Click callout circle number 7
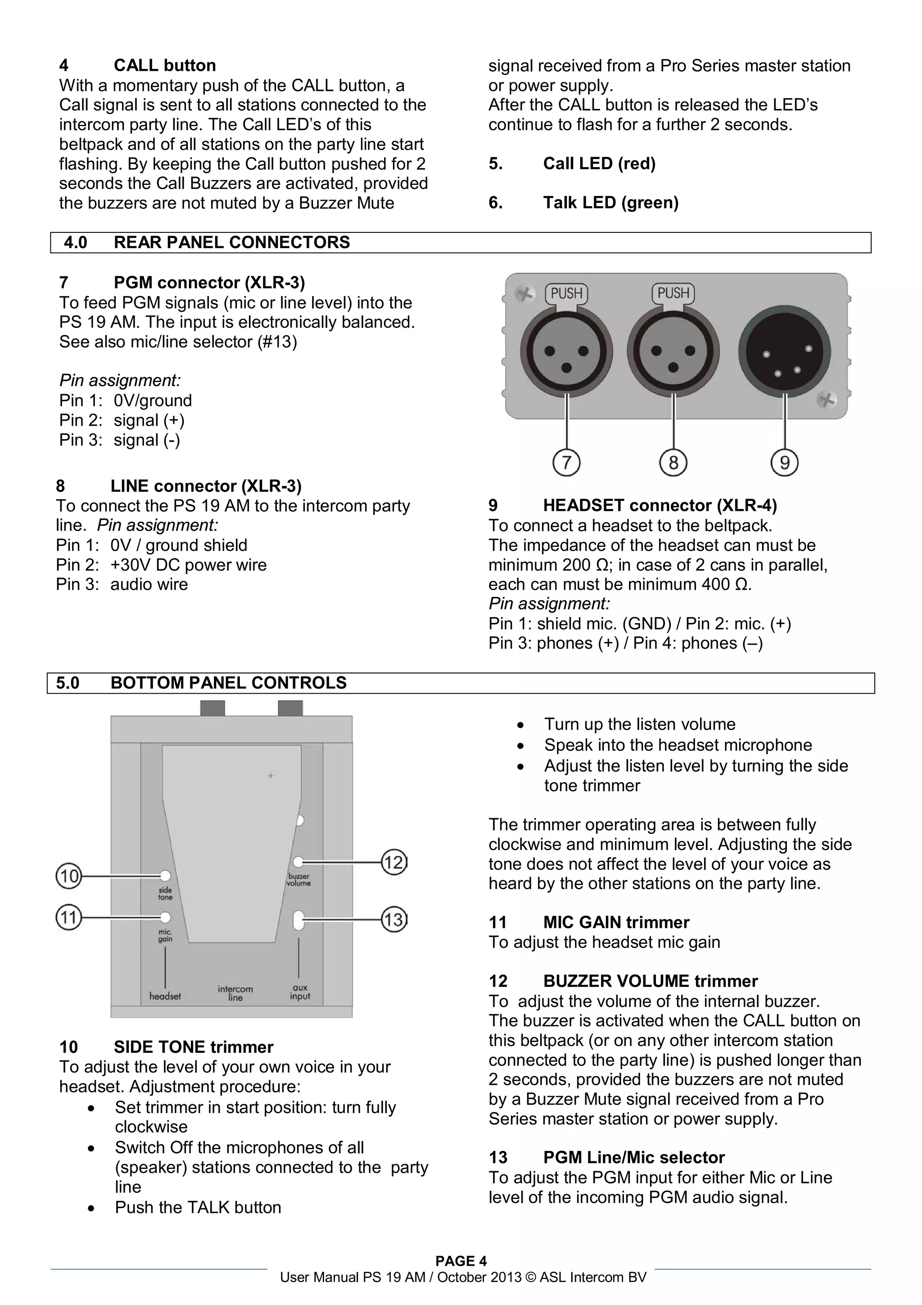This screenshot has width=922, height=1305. pyautogui.click(x=566, y=463)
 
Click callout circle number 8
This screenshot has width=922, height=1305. pyautogui.click(x=673, y=463)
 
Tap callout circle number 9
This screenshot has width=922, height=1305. pyautogui.click(x=785, y=463)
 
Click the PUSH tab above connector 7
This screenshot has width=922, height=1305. pyautogui.click(x=566, y=293)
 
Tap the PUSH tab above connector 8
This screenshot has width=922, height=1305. pyautogui.click(x=673, y=293)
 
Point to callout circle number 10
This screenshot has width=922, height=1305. pyautogui.click(x=69, y=875)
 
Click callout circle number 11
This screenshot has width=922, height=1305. pyautogui.click(x=69, y=917)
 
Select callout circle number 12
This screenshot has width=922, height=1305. pyautogui.click(x=393, y=863)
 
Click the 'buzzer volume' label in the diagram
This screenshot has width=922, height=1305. pyautogui.click(x=299, y=880)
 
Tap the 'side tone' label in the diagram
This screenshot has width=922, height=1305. pyautogui.click(x=165, y=893)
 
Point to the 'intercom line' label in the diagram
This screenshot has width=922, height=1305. pyautogui.click(x=235, y=993)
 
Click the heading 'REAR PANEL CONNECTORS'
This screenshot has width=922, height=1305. pyautogui.click(x=231, y=243)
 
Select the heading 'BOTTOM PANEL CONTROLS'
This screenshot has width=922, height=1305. pyautogui.click(x=228, y=682)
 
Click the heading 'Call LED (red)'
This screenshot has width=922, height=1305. pyautogui.click(x=599, y=164)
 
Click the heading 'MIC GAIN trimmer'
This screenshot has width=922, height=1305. pyautogui.click(x=616, y=922)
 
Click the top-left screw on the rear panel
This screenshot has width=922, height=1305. pyautogui.click(x=525, y=294)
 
